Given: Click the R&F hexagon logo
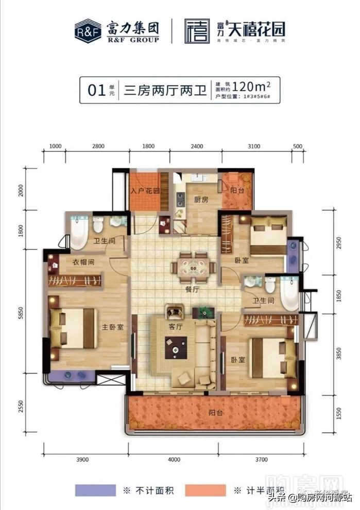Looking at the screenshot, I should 87,31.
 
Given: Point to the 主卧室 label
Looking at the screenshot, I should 112,327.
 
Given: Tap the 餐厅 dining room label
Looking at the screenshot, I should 193,289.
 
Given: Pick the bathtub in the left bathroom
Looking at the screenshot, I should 79,233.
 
